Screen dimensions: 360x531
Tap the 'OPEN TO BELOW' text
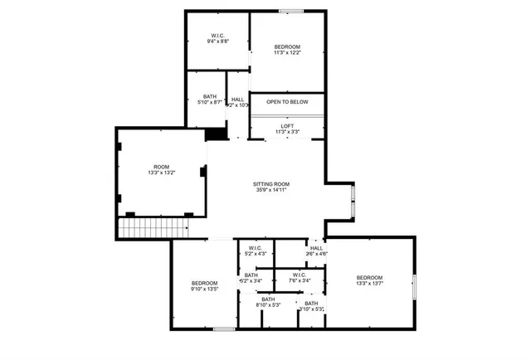tap(287, 102)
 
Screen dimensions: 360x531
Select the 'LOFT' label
tap(287, 126)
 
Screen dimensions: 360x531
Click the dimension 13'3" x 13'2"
tap(161, 173)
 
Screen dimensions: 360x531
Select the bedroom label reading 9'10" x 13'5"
tap(204, 283)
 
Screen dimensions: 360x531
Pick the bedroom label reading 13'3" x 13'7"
tap(369, 277)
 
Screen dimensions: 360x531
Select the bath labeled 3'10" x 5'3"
tap(311, 304)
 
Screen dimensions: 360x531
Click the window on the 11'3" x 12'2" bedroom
tap(290, 11)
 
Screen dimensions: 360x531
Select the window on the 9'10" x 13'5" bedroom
tap(223, 329)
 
